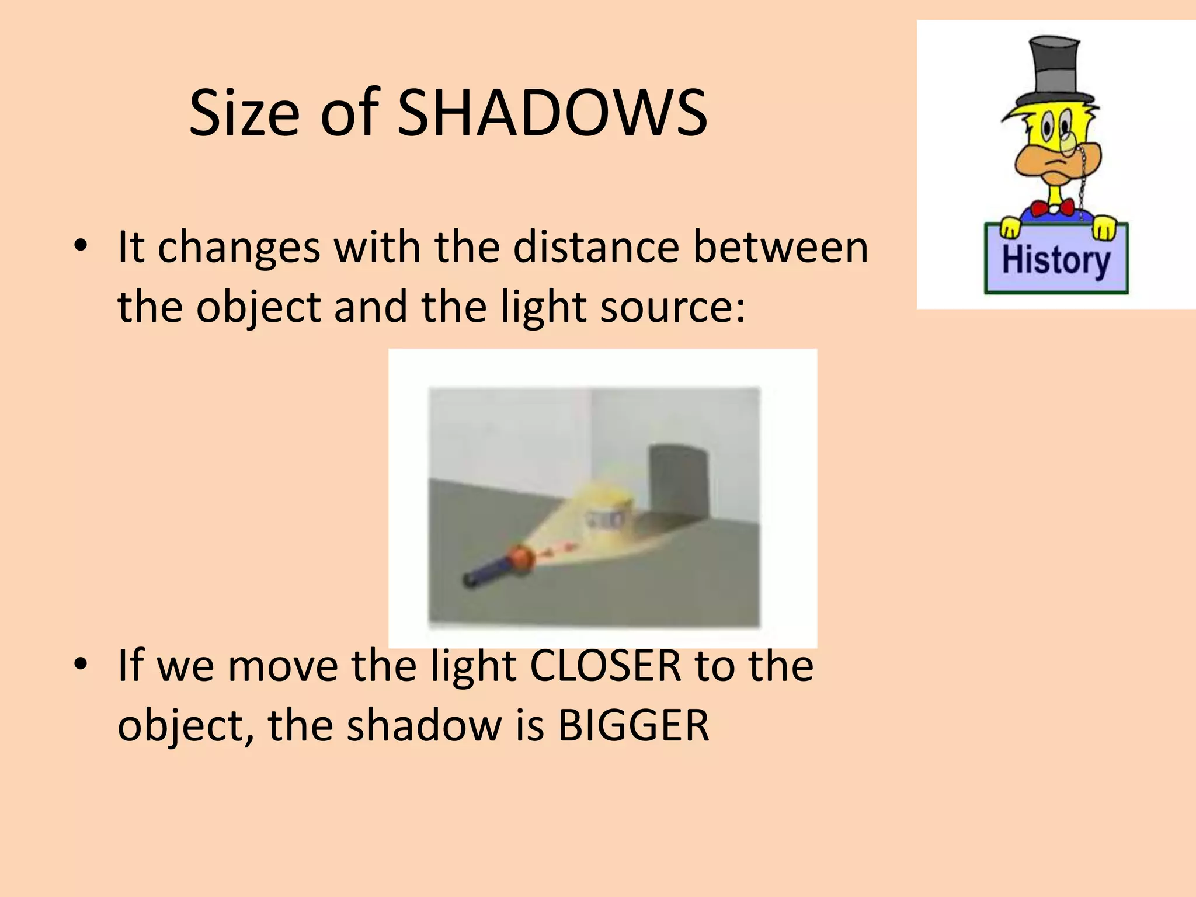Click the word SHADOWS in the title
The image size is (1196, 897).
pos(552,113)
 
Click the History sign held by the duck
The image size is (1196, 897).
pos(1056,259)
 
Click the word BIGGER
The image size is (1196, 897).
pos(634,726)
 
